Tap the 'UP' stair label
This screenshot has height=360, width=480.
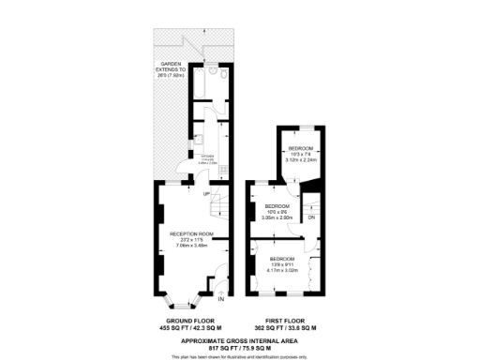click(192, 193)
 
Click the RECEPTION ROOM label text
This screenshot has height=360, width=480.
click(192, 234)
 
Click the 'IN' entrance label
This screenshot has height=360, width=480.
click(221, 300)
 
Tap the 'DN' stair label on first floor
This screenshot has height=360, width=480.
click(311, 218)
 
